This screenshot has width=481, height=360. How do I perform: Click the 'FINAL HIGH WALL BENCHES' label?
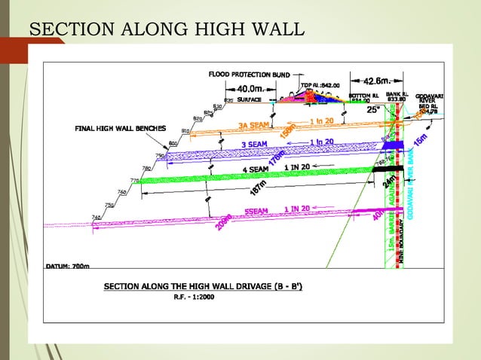click(x=119, y=129)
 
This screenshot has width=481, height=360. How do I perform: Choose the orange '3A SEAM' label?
click(x=254, y=125)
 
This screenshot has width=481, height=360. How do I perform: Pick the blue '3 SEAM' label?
click(x=254, y=145)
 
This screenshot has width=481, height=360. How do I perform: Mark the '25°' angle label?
click(x=373, y=109)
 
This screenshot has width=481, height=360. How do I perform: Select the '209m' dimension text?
click(x=224, y=222)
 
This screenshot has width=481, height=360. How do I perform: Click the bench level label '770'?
click(x=134, y=181)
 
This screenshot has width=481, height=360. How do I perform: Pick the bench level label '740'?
click(x=97, y=218)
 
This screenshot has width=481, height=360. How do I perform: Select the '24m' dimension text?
click(x=388, y=182)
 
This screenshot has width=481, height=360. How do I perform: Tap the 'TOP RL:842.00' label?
click(x=321, y=86)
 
